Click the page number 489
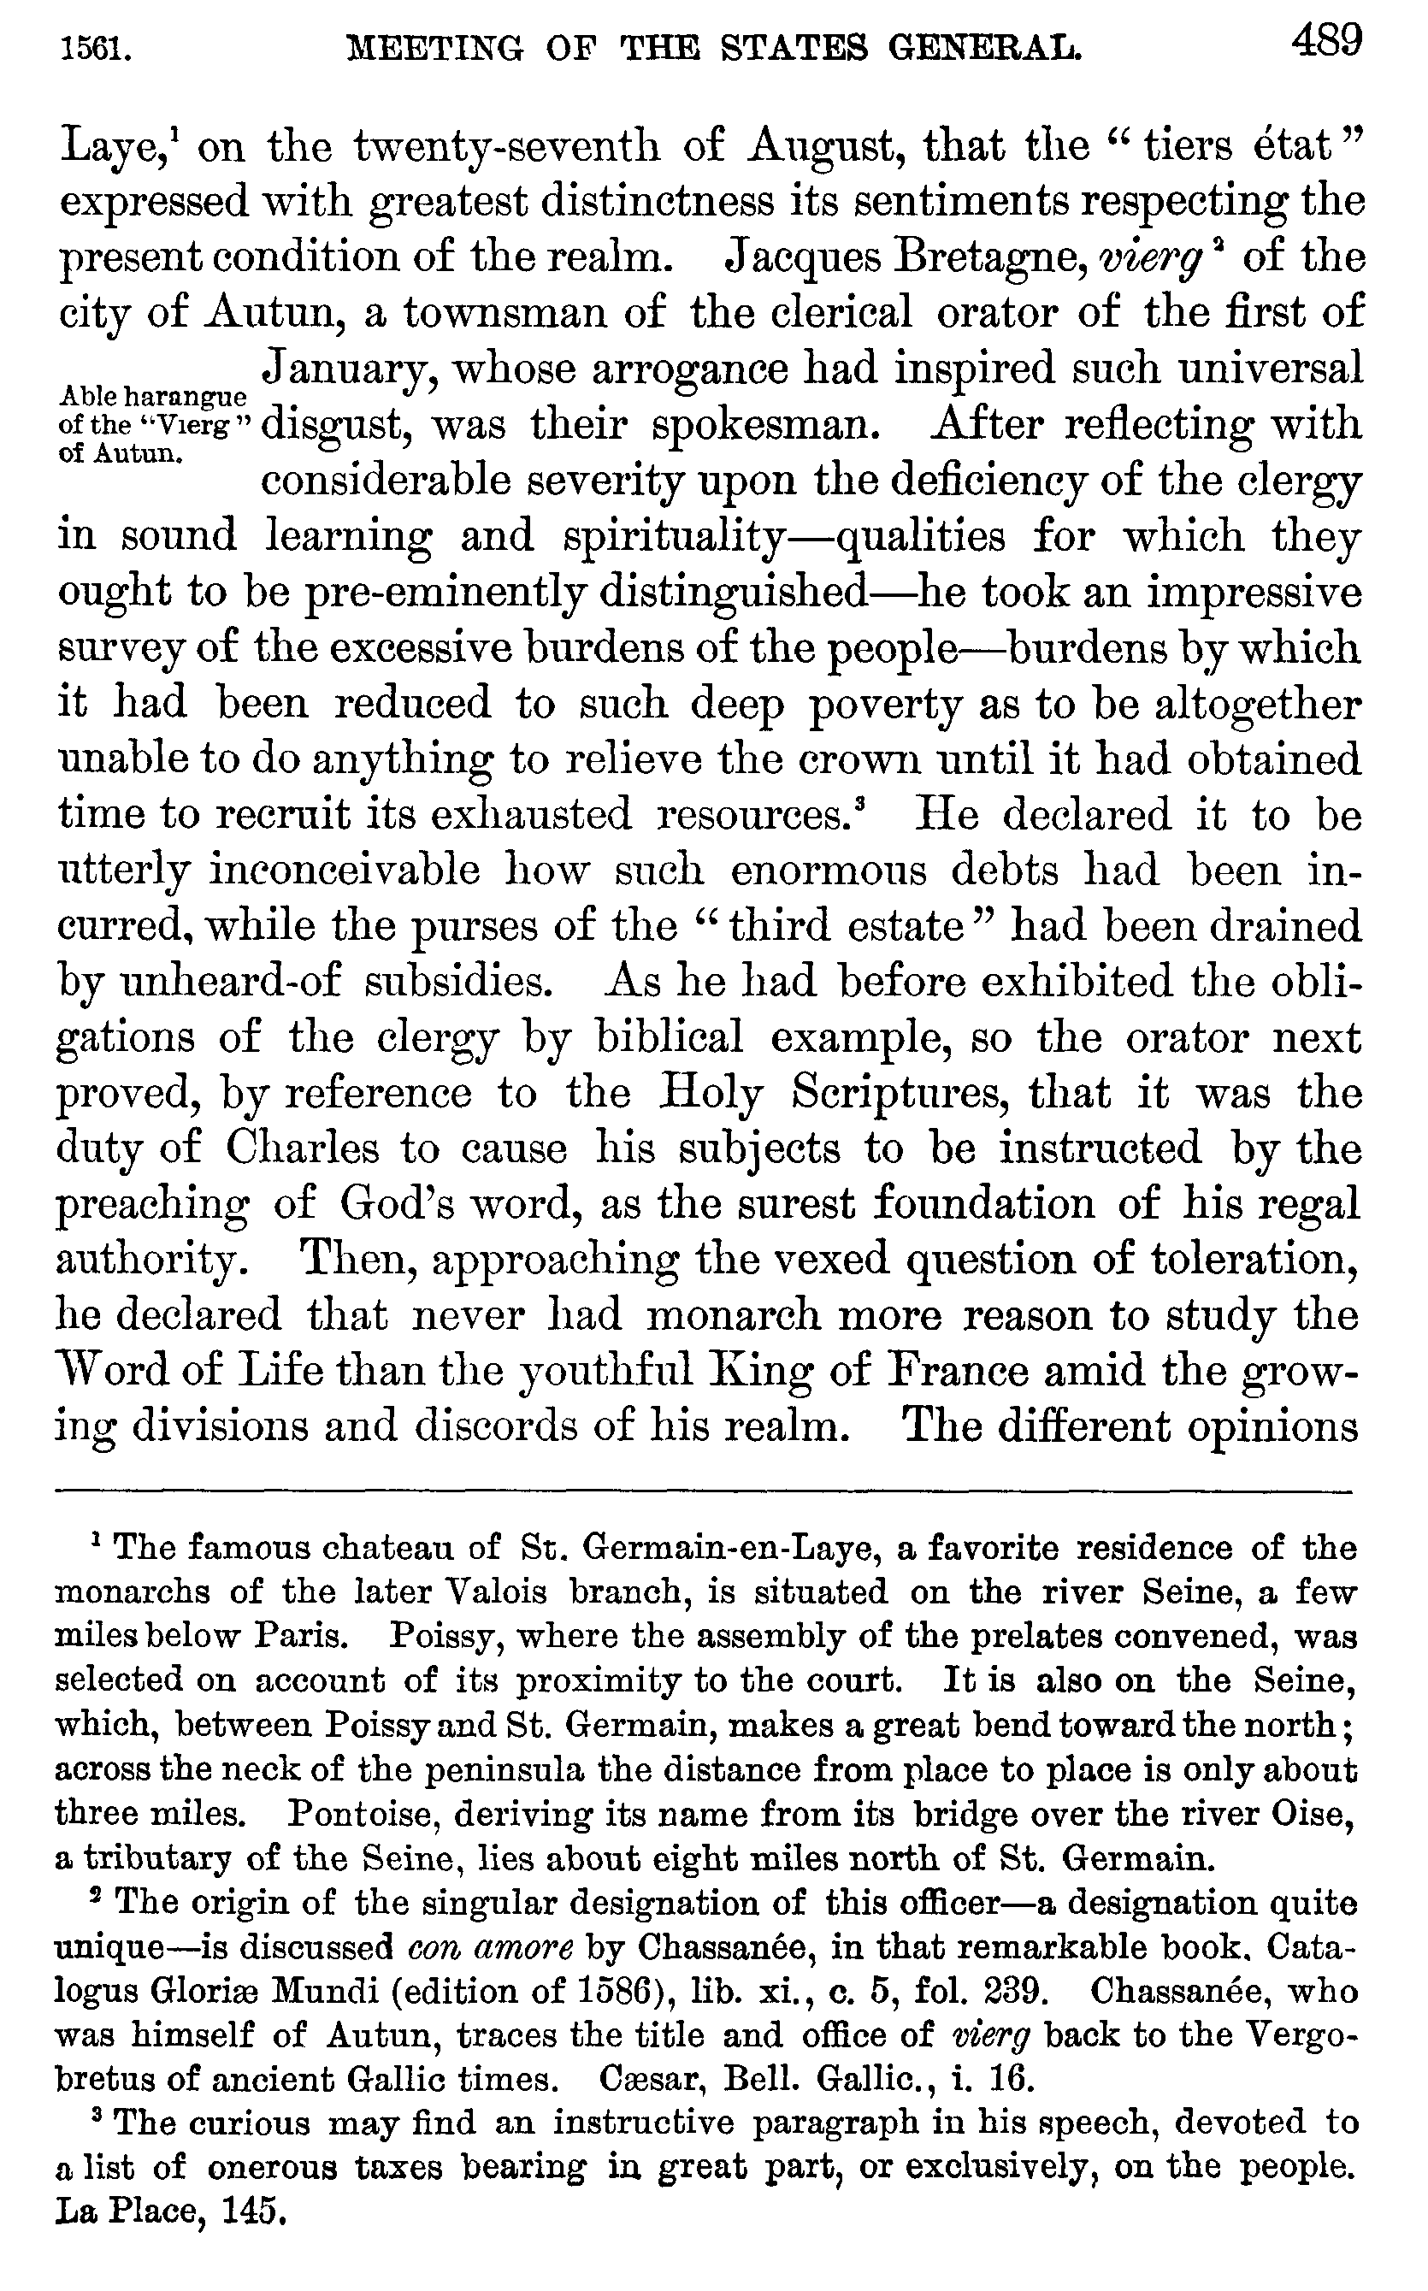[x=1327, y=43]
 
